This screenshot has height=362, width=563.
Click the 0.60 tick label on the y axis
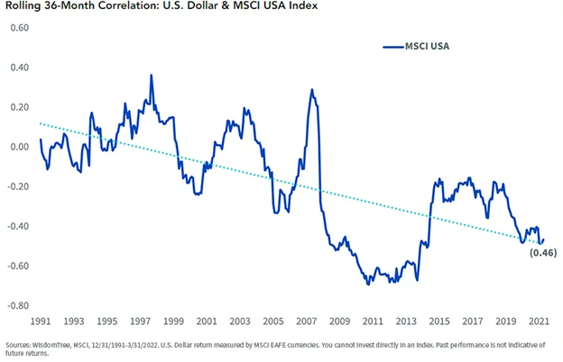click(x=18, y=28)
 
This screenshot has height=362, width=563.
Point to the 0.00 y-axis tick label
click(x=18, y=147)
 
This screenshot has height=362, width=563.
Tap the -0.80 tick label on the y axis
click(x=17, y=306)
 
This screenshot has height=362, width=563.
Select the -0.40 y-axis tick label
click(x=17, y=226)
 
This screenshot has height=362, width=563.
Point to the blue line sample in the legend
click(x=392, y=46)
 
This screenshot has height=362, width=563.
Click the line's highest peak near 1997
click(x=151, y=76)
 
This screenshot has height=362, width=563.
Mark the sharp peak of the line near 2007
click(x=311, y=90)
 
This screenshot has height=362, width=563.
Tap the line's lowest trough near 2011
click(x=367, y=285)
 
